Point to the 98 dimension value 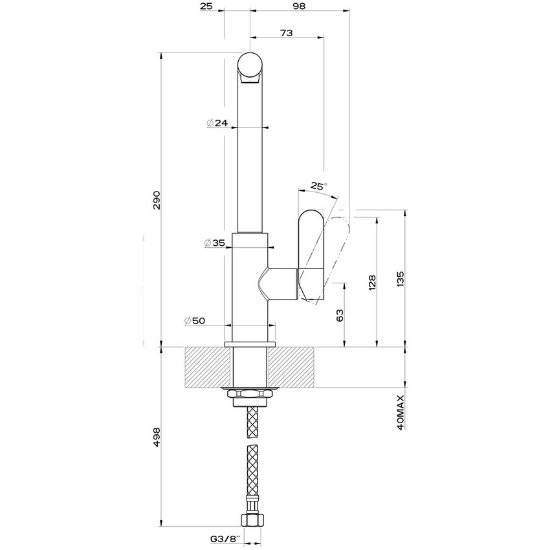[298, 6]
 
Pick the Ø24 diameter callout [217, 123]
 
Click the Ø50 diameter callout [195, 321]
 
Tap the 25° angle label [318, 186]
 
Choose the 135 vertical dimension [401, 279]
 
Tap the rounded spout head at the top [250, 68]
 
